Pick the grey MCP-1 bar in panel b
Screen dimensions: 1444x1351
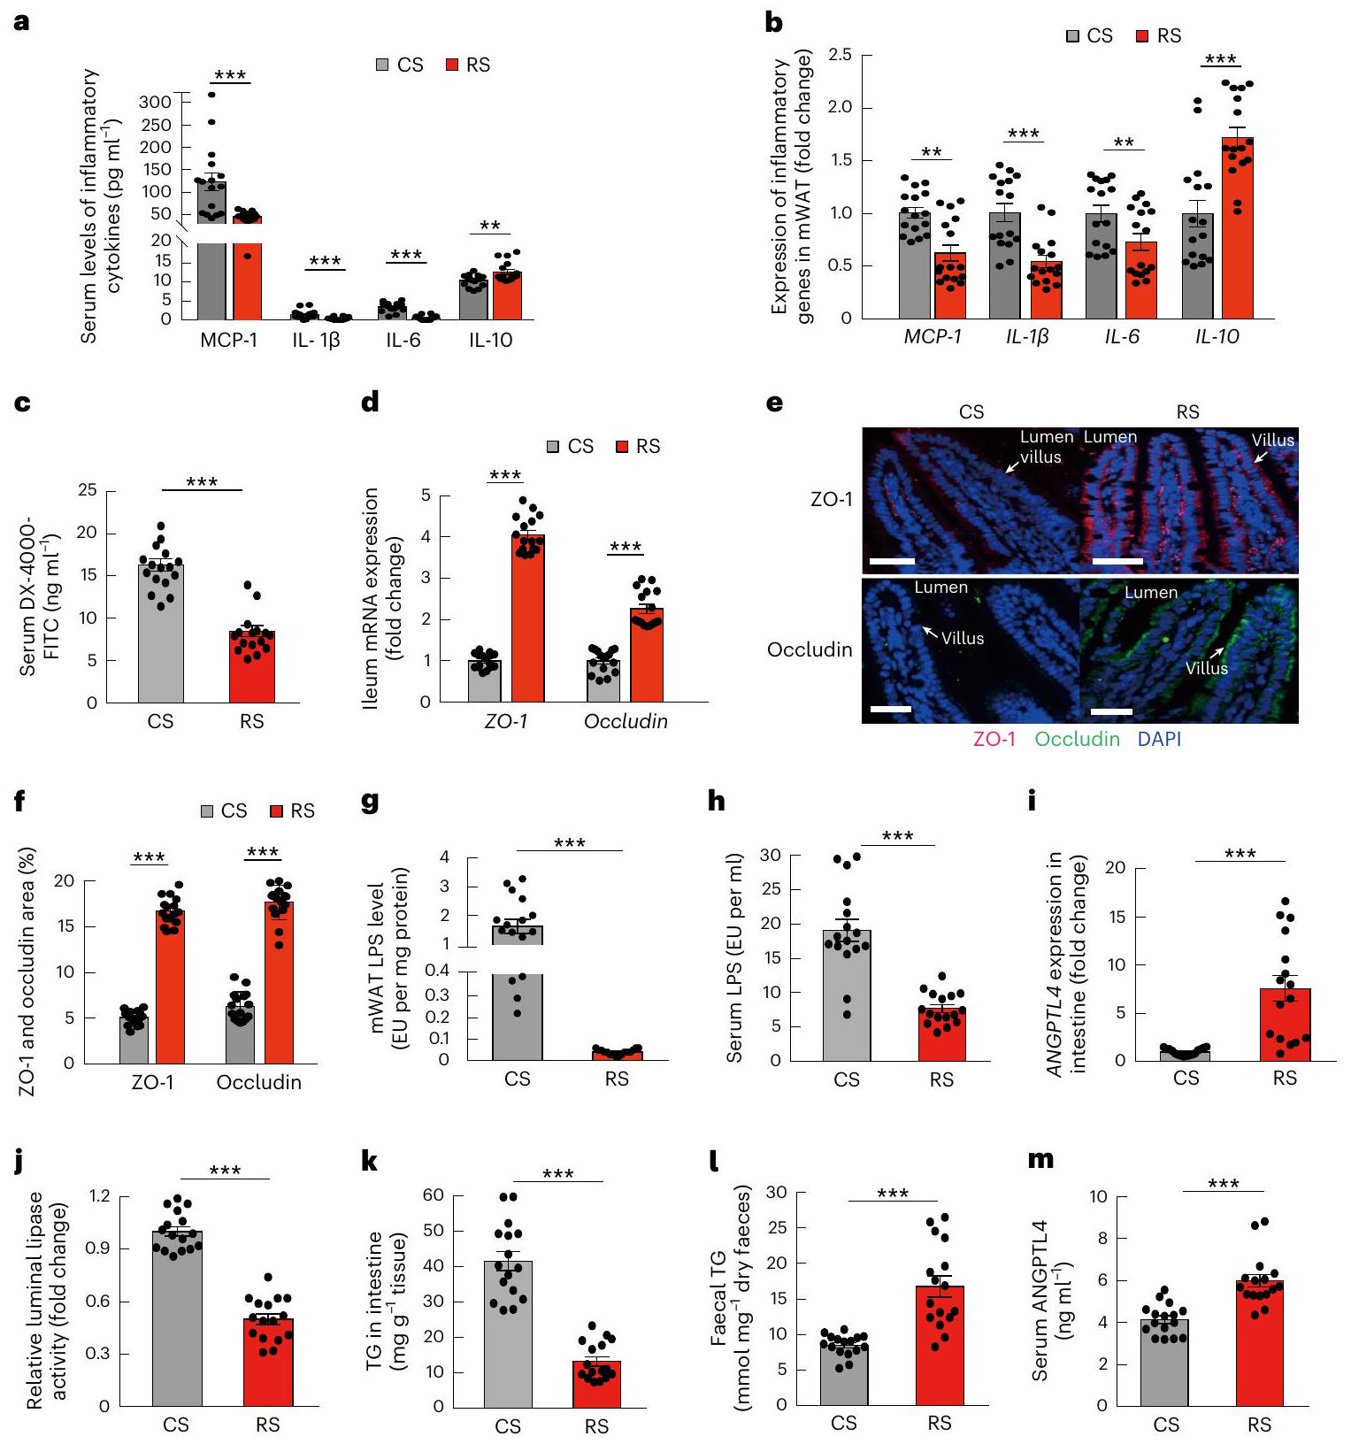[x=914, y=265]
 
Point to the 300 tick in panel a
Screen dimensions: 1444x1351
[x=155, y=102]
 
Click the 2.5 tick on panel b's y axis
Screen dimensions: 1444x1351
[x=840, y=56]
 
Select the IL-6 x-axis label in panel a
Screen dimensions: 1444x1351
[x=403, y=341]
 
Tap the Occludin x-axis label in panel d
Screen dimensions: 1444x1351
[x=626, y=722]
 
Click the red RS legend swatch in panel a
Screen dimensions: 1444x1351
[x=452, y=65]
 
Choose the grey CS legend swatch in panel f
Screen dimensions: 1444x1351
[x=208, y=811]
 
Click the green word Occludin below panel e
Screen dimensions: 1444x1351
[x=1077, y=739]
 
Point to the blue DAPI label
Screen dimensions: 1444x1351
[x=1159, y=739]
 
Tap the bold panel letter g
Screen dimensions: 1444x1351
[x=371, y=803]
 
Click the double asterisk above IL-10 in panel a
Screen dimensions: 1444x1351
[x=489, y=227]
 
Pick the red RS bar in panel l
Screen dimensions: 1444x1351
[x=940, y=1345]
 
